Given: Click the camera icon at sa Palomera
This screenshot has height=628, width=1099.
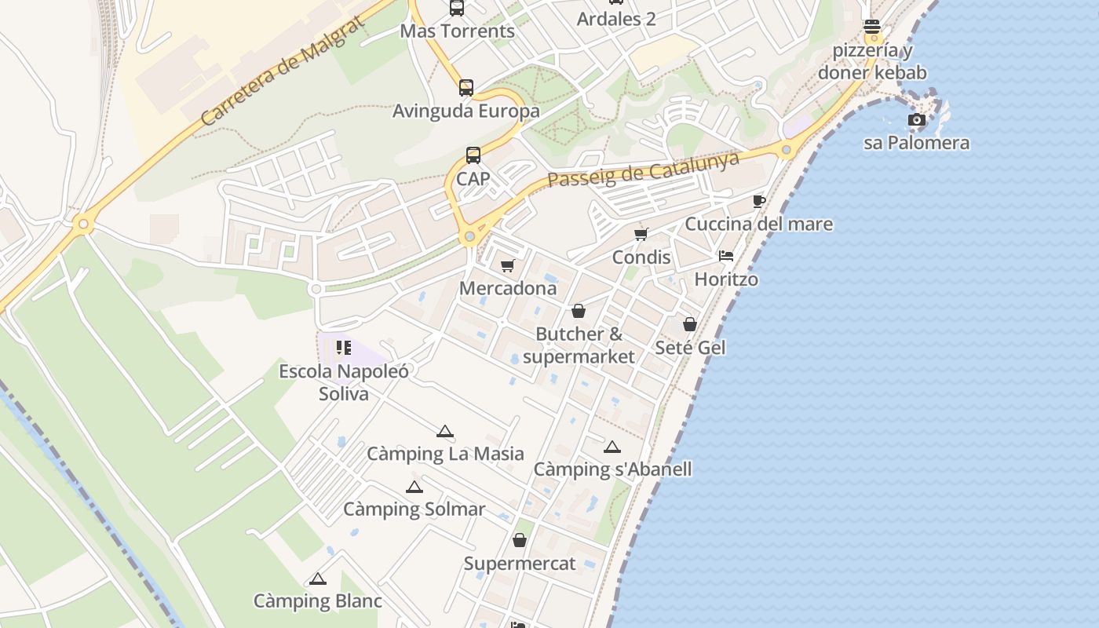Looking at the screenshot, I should coord(916,120).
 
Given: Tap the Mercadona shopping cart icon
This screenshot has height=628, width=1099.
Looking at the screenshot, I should coord(507,265).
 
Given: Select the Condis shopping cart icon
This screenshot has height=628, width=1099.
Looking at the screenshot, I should coord(641,234).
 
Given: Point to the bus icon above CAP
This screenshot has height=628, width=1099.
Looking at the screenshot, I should coord(473,155).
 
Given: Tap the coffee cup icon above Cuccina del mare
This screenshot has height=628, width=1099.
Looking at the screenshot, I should coord(758,201).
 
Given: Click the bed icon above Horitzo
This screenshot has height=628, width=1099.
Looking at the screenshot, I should coord(726,256).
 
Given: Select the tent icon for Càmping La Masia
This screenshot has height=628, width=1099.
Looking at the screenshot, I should coord(445,431).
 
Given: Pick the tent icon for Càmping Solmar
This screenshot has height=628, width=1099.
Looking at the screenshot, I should coord(414,487).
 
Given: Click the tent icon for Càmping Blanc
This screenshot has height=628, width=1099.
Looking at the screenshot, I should coord(317,579).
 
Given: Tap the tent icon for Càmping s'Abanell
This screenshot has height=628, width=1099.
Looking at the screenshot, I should coord(612,447).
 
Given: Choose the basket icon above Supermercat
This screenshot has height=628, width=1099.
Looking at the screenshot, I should coord(519,540).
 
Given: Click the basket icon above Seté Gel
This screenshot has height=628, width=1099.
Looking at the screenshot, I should coord(690,324).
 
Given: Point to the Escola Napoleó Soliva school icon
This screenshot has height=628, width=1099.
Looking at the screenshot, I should coord(343,347).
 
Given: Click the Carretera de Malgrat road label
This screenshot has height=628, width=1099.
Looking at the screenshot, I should coord(283,70).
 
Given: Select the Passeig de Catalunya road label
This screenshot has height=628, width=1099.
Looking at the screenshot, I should coord(644,169).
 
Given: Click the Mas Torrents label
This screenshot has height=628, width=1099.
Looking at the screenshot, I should coord(457,31).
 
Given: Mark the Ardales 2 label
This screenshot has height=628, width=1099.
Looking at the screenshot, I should coord(616,19).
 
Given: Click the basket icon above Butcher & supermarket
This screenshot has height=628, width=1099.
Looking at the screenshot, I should coord(579,311).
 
